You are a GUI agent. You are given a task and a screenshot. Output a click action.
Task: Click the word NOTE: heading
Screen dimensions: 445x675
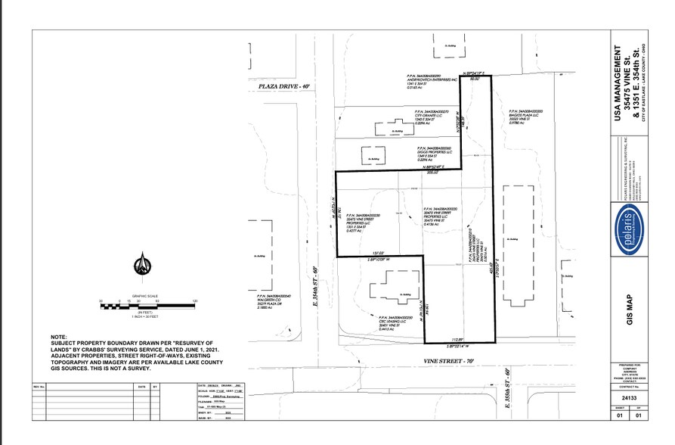pyautogui.click(x=60, y=337)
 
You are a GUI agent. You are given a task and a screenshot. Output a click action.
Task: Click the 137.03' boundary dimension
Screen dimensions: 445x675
pyautogui.click(x=378, y=254)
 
